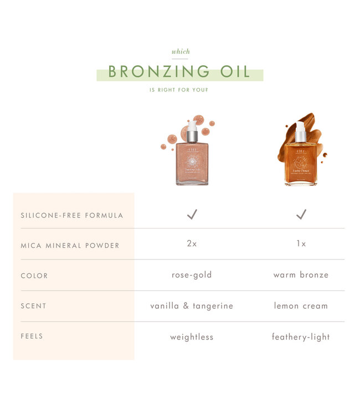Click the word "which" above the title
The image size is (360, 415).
point(181,52)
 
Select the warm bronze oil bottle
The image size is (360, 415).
point(301,162)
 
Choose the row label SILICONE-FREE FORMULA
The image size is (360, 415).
point(72,215)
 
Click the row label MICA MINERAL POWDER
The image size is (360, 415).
point(70,245)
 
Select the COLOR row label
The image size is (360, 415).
point(34,276)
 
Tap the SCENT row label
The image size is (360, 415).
point(34,306)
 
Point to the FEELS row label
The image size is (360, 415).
point(32,336)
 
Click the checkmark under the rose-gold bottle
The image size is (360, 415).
point(192,214)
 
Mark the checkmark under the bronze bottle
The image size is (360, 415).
point(301,214)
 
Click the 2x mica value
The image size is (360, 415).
point(192,244)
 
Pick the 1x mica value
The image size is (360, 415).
point(301,244)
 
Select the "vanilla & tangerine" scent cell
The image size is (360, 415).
point(192,306)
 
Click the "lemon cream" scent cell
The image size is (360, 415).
point(301,306)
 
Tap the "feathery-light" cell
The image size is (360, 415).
point(301,337)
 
